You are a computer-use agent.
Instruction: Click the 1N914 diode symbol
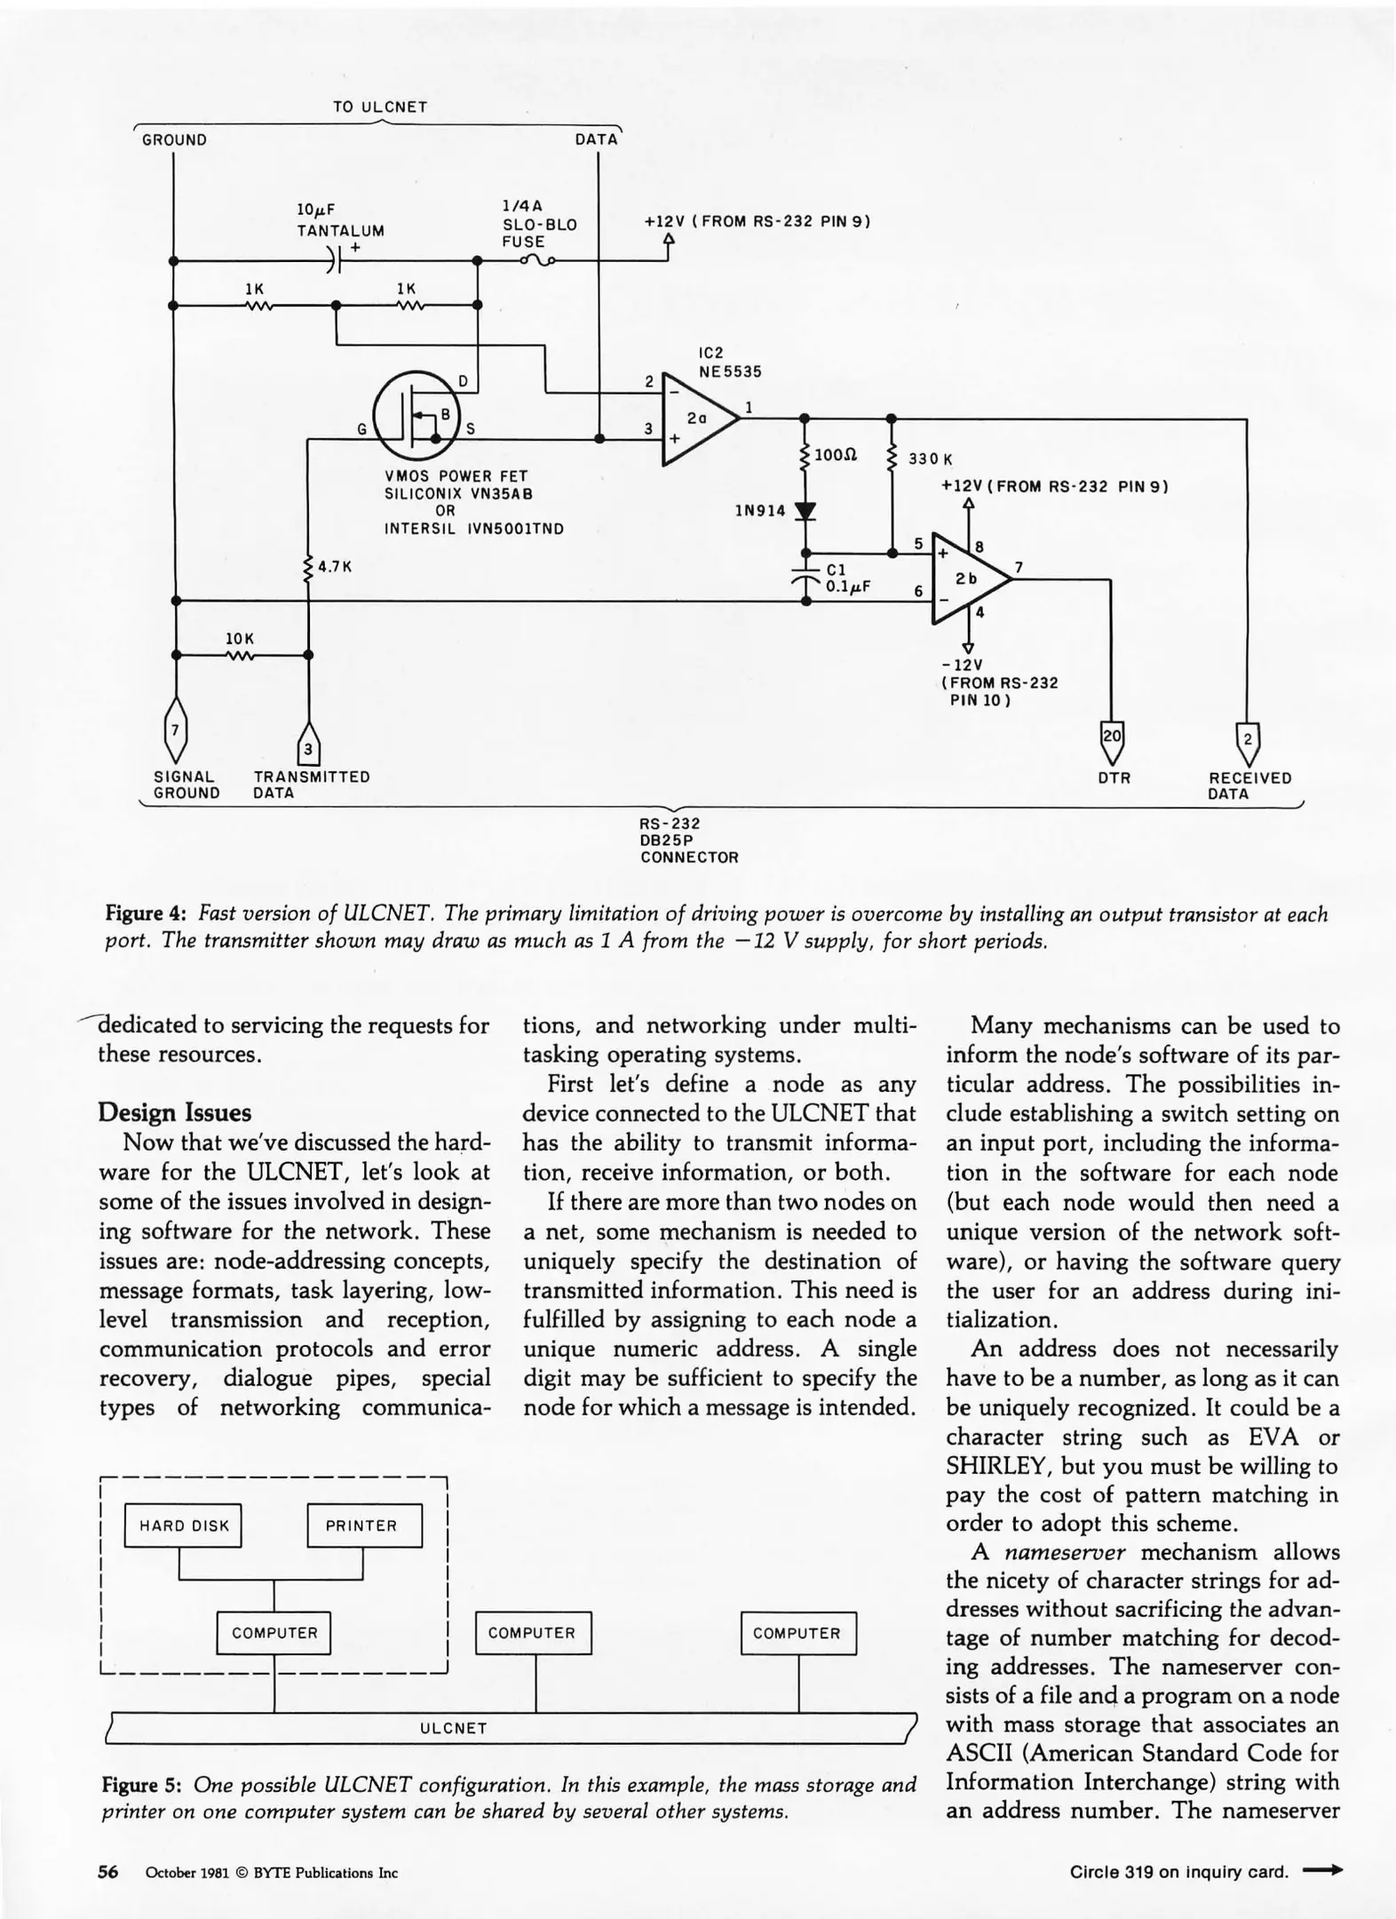pyautogui.click(x=805, y=512)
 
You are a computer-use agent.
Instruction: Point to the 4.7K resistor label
pyautogui.click(x=335, y=566)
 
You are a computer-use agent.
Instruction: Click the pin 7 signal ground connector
pyautogui.click(x=176, y=730)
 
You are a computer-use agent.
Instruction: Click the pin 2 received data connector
pyautogui.click(x=1248, y=739)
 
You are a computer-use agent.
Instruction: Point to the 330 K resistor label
pyautogui.click(x=930, y=459)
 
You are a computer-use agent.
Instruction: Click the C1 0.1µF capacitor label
pyautogui.click(x=847, y=578)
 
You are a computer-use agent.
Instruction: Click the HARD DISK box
pyautogui.click(x=184, y=1526)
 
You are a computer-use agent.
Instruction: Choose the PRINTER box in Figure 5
pyautogui.click(x=362, y=1526)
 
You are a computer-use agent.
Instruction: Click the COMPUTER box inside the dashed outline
pyautogui.click(x=274, y=1633)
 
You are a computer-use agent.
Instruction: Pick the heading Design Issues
pyautogui.click(x=174, y=1112)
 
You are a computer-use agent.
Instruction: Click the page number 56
pyautogui.click(x=107, y=1872)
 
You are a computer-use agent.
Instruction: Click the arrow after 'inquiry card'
pyautogui.click(x=1322, y=1871)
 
